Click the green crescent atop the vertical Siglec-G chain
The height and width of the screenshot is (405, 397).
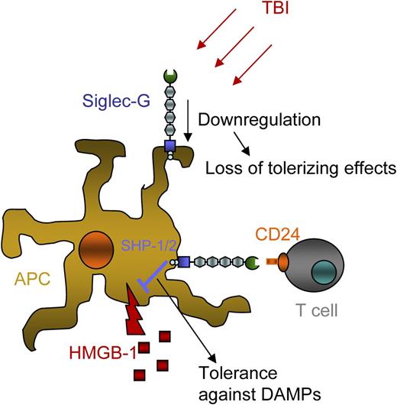[x=169, y=78]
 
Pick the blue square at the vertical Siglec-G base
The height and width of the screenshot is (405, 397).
[x=169, y=145]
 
